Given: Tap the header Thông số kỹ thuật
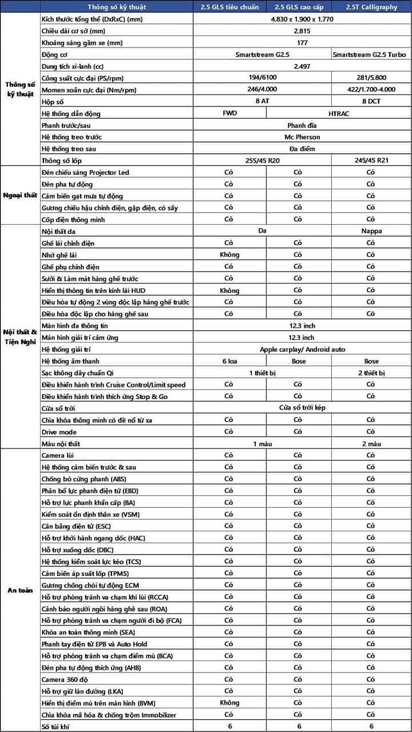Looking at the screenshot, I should click(117, 7).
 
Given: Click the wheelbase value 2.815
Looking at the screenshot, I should click(302, 31).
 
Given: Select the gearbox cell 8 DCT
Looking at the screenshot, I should click(370, 101).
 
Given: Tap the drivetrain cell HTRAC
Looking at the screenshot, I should click(338, 113).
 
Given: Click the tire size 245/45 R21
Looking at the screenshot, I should click(370, 161).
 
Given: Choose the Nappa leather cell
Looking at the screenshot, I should click(370, 232).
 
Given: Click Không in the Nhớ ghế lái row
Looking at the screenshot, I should click(229, 255).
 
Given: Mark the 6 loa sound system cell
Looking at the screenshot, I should click(229, 361).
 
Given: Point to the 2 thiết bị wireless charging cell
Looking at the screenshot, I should click(370, 373).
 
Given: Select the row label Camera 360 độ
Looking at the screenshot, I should click(65, 679).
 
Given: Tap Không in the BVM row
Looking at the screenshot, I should click(229, 703).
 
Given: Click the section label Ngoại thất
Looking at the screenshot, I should click(20, 195).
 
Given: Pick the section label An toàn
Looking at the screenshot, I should click(20, 590).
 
